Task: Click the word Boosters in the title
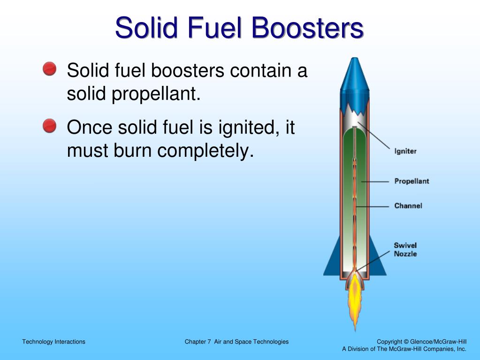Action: (x=307, y=28)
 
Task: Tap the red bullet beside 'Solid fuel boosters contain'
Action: (x=49, y=70)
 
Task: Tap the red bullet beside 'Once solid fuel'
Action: (x=49, y=126)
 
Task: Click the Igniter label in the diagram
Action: (x=405, y=152)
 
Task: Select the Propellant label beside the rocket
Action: (x=411, y=181)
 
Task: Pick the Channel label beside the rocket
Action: (x=408, y=206)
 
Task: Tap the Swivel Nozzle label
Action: (x=405, y=249)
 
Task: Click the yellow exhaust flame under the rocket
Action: (x=355, y=300)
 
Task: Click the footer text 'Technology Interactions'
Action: (x=54, y=342)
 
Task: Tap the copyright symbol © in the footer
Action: (x=406, y=342)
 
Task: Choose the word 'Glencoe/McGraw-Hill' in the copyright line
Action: (x=438, y=342)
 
